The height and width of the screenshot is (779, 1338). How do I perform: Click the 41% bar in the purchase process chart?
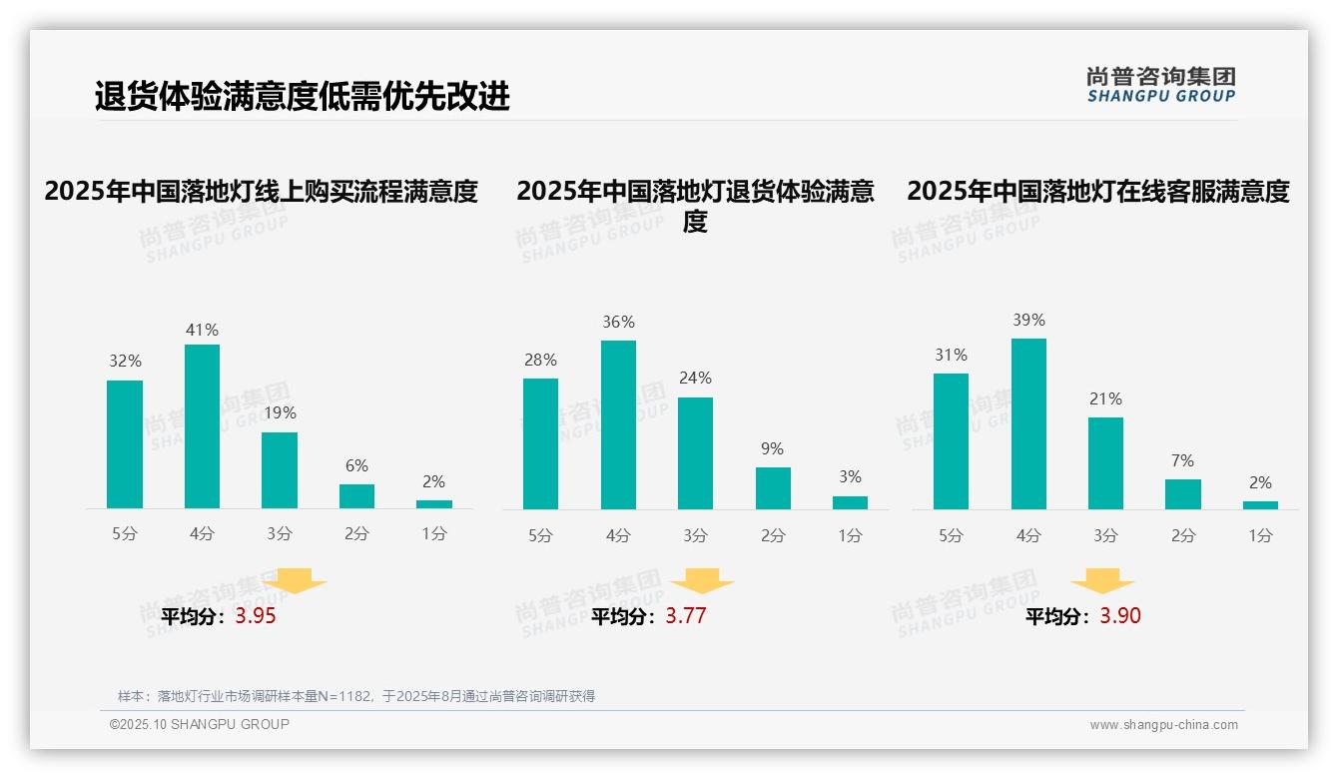pyautogui.click(x=202, y=426)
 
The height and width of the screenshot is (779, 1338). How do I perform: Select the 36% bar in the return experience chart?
pyautogui.click(x=618, y=424)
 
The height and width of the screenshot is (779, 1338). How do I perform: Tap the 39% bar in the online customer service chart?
pyautogui.click(x=1028, y=423)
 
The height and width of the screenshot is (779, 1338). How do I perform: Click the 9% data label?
pyautogui.click(x=772, y=449)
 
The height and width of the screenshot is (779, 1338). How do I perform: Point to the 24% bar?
pyautogui.click(x=695, y=453)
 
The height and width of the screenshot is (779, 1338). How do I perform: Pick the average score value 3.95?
pyautogui.click(x=256, y=616)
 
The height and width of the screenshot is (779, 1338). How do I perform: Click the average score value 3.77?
pyautogui.click(x=686, y=616)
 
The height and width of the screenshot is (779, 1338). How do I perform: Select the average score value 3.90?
pyautogui.click(x=1120, y=616)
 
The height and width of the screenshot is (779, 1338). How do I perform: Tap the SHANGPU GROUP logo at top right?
pyautogui.click(x=1160, y=85)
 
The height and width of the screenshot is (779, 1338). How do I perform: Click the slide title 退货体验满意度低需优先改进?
pyautogui.click(x=302, y=97)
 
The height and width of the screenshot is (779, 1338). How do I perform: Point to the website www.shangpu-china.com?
pyautogui.click(x=1163, y=725)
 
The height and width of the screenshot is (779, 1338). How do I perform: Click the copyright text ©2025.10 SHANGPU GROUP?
pyautogui.click(x=200, y=724)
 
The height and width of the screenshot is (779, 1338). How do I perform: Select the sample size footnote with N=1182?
pyautogui.click(x=356, y=696)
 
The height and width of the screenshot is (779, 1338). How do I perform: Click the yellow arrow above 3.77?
pyautogui.click(x=702, y=581)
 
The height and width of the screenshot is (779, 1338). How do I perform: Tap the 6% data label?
pyautogui.click(x=356, y=466)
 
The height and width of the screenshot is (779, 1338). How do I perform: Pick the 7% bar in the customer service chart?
pyautogui.click(x=1183, y=494)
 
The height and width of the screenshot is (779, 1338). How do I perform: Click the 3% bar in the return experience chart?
pyautogui.click(x=850, y=502)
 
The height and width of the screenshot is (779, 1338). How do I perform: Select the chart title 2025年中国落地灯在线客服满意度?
pyautogui.click(x=1098, y=191)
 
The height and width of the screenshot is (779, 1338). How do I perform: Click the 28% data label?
pyautogui.click(x=540, y=361)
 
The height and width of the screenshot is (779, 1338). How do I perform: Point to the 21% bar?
pyautogui.click(x=1105, y=463)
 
